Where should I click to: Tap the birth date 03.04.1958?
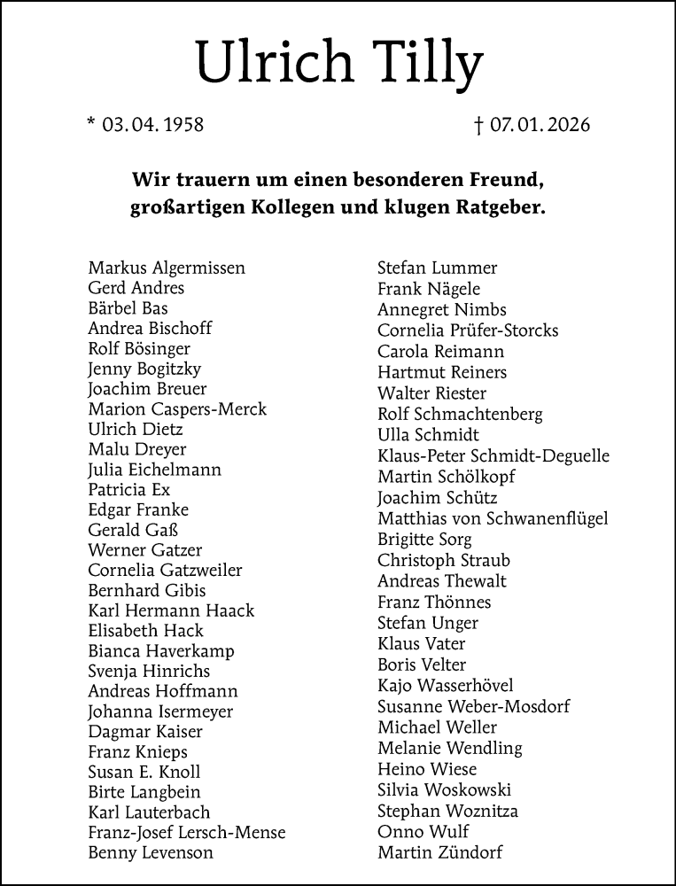(152, 125)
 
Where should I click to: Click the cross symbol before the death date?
(479, 125)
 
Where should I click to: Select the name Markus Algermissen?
(167, 268)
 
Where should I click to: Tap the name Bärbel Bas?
(128, 308)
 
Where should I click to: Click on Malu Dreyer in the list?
(137, 449)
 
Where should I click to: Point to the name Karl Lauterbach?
(149, 812)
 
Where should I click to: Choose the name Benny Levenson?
(151, 853)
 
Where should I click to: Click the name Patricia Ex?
(129, 490)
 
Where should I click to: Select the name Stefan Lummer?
(437, 268)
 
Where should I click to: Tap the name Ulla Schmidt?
(428, 435)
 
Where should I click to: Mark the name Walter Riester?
(431, 393)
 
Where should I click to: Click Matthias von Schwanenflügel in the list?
(493, 519)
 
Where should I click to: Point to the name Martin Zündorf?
(439, 853)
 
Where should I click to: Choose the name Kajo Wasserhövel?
(445, 686)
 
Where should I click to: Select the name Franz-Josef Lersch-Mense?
(187, 833)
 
